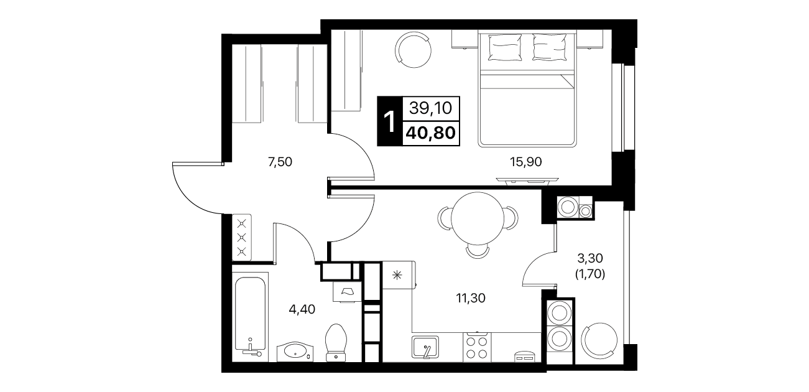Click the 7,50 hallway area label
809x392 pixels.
click(280, 162)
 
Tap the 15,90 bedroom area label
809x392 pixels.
click(526, 162)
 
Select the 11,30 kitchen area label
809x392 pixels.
click(471, 298)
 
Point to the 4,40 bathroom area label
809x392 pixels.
click(302, 309)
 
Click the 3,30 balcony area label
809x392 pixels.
click(590, 258)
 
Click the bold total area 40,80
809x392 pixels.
click(430, 133)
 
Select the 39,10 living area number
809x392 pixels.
click(430, 108)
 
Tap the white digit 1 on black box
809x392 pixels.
click(390, 122)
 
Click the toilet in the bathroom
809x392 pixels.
click(336, 343)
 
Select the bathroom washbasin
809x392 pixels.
click(295, 351)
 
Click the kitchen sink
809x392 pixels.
click(425, 347)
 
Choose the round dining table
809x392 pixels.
click(478, 218)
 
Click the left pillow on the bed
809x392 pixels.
click(504, 47)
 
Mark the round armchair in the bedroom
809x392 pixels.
click(414, 50)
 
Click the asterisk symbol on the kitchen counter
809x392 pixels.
click(397, 276)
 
